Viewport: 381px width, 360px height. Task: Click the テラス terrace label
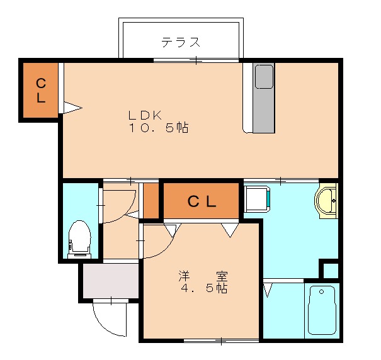tap(181, 43)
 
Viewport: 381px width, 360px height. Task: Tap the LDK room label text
tap(145, 115)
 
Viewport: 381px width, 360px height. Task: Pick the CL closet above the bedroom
tap(202, 202)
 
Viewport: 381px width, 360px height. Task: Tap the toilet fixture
tap(80, 239)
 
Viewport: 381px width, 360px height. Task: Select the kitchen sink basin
tap(264, 76)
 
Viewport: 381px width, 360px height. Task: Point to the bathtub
tap(322, 310)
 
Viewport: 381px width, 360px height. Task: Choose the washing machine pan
tap(257, 198)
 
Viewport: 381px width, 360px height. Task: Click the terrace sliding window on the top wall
tap(196, 60)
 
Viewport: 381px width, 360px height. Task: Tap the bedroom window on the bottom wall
tap(221, 341)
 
